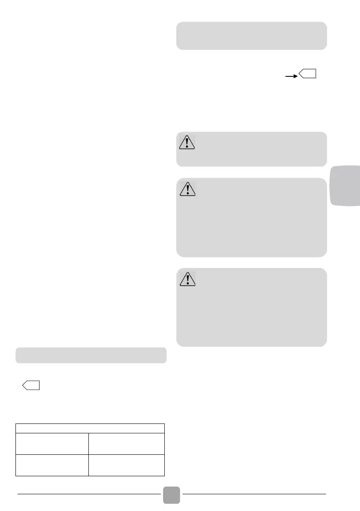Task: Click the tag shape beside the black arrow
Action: pyautogui.click(x=308, y=74)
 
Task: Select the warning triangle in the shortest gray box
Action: pyautogui.click(x=186, y=142)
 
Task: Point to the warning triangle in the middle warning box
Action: pyautogui.click(x=186, y=188)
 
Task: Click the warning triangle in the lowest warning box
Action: pyautogui.click(x=186, y=278)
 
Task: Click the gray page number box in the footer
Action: pyautogui.click(x=172, y=494)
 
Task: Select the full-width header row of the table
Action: pyautogui.click(x=90, y=428)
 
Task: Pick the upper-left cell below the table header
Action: pyautogui.click(x=52, y=444)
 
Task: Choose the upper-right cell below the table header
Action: pyautogui.click(x=127, y=444)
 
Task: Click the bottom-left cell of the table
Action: pyautogui.click(x=52, y=465)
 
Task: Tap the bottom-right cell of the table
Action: pyautogui.click(x=127, y=465)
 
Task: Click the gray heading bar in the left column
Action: pyautogui.click(x=91, y=355)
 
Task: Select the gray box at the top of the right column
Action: pyautogui.click(x=251, y=36)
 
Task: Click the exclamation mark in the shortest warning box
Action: pyautogui.click(x=186, y=143)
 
